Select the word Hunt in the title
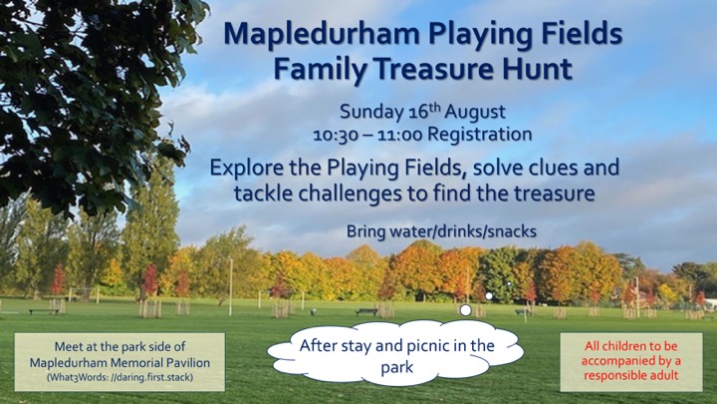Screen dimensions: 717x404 click(x=538, y=69)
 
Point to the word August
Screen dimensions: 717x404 click(x=475, y=112)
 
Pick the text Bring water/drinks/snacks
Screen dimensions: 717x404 click(x=441, y=231)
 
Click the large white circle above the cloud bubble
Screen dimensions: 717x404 click(x=465, y=310)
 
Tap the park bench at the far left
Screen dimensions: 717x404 click(x=44, y=311)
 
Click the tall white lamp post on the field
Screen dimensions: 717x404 click(x=230, y=287)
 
